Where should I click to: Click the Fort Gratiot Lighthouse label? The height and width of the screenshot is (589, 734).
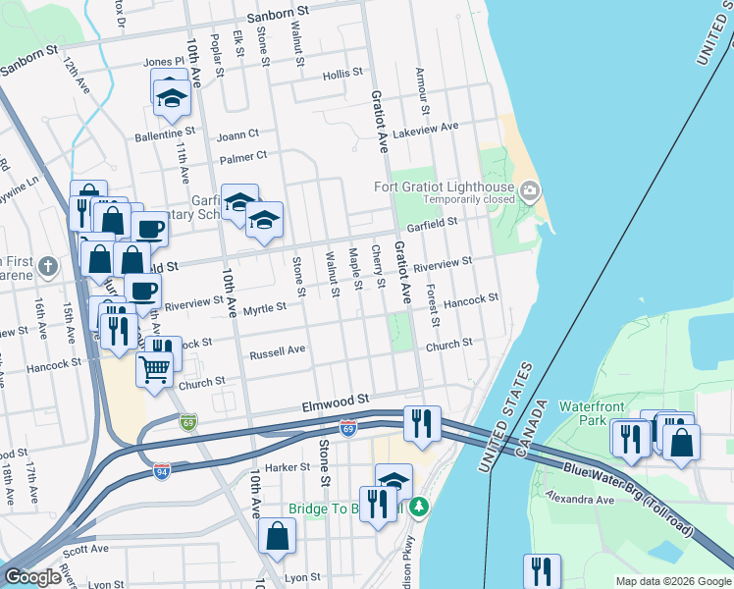point(447,188)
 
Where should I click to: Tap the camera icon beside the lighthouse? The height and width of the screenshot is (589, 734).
point(531,189)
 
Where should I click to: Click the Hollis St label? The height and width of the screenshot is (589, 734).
point(343,74)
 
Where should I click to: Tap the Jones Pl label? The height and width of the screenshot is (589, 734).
point(164,62)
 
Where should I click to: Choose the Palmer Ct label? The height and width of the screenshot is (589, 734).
point(244,156)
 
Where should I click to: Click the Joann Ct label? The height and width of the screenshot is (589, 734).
point(238,134)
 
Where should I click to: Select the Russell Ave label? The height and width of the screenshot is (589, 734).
point(278,350)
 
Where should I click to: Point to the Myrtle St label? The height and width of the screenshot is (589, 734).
point(265,307)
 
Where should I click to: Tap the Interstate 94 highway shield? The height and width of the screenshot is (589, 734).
point(160,472)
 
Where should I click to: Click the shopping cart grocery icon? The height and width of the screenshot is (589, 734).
point(154,370)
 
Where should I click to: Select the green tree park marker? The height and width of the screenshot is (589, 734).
point(419,507)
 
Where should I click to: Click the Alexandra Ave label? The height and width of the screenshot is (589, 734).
point(580,499)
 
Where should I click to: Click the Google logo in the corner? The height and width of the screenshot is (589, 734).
point(32,577)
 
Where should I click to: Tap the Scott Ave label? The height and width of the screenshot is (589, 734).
point(86,550)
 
